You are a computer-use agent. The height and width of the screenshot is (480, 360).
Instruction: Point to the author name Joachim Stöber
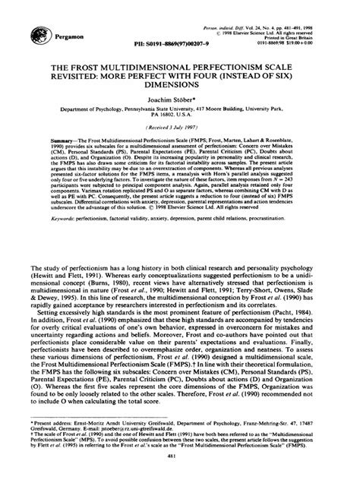click(x=179, y=112)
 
